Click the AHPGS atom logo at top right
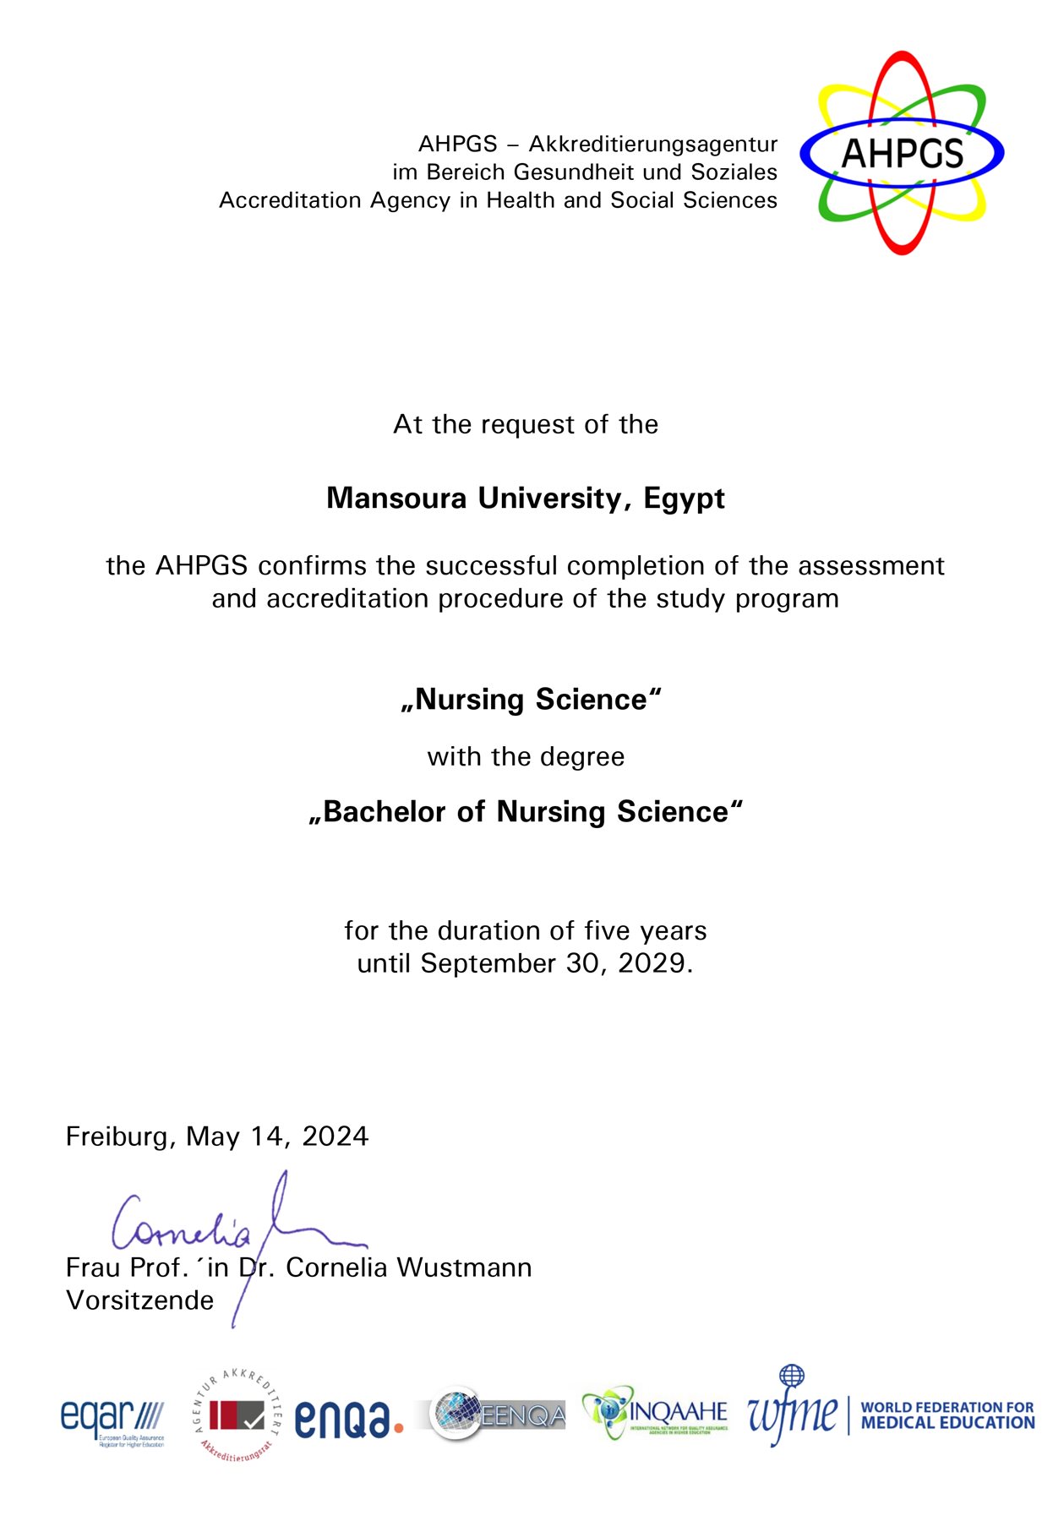click(x=902, y=153)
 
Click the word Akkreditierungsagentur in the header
click(x=652, y=144)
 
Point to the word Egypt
click(x=684, y=499)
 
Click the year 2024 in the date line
click(x=336, y=1137)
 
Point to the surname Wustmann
click(x=464, y=1268)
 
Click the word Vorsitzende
click(x=140, y=1300)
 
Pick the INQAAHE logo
click(x=655, y=1413)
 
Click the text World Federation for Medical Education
click(x=947, y=1415)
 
